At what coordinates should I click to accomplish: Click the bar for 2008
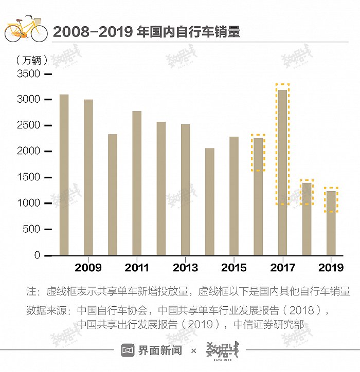64,175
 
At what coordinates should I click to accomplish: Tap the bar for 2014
209,201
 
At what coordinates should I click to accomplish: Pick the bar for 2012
161,188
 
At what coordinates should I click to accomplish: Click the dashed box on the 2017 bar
282,144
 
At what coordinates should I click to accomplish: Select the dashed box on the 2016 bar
258,153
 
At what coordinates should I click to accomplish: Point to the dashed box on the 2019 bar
331,200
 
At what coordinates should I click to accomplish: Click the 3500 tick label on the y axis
29,74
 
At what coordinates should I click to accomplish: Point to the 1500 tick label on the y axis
29,178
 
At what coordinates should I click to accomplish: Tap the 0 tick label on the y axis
37,255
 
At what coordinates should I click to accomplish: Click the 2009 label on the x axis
88,268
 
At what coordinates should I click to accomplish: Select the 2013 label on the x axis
185,268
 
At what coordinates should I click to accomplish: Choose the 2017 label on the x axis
282,268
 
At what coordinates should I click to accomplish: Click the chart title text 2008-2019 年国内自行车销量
147,32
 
